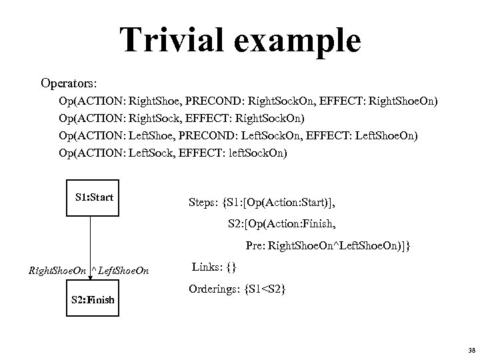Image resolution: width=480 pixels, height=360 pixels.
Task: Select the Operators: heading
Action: click(69, 84)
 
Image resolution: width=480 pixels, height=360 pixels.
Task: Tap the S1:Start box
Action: click(94, 197)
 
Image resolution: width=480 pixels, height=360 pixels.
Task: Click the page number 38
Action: click(471, 349)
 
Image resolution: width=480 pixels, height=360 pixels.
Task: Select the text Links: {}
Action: click(214, 267)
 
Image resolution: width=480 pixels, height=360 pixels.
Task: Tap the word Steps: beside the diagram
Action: click(207, 199)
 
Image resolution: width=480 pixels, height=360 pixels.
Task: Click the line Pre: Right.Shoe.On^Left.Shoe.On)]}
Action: click(328, 246)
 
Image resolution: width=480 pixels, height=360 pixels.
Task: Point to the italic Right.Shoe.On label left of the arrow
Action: click(58, 271)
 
